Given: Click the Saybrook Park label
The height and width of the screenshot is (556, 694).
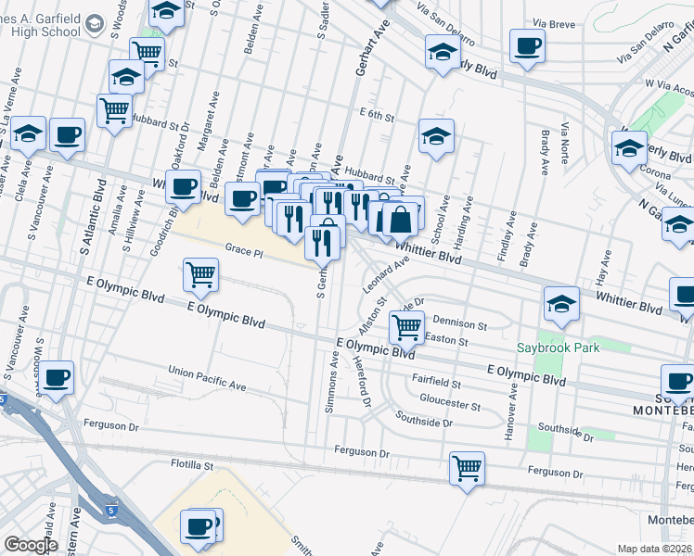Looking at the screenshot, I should [559, 348].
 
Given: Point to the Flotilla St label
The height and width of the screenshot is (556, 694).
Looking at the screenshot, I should [192, 465].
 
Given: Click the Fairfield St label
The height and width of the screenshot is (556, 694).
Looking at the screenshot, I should [437, 382].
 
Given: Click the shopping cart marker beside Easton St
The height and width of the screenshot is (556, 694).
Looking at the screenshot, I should [406, 326].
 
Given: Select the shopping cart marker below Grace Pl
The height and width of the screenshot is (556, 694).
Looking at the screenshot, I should [201, 274].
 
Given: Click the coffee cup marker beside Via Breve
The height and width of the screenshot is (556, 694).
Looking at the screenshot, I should [527, 45].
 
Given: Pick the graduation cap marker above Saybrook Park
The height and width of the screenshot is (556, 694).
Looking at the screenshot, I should [561, 303].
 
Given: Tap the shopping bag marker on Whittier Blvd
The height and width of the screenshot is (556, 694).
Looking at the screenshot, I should [402, 221].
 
